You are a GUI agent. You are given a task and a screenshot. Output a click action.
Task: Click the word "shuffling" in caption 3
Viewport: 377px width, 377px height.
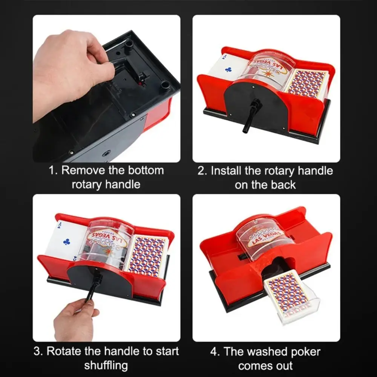106,366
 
